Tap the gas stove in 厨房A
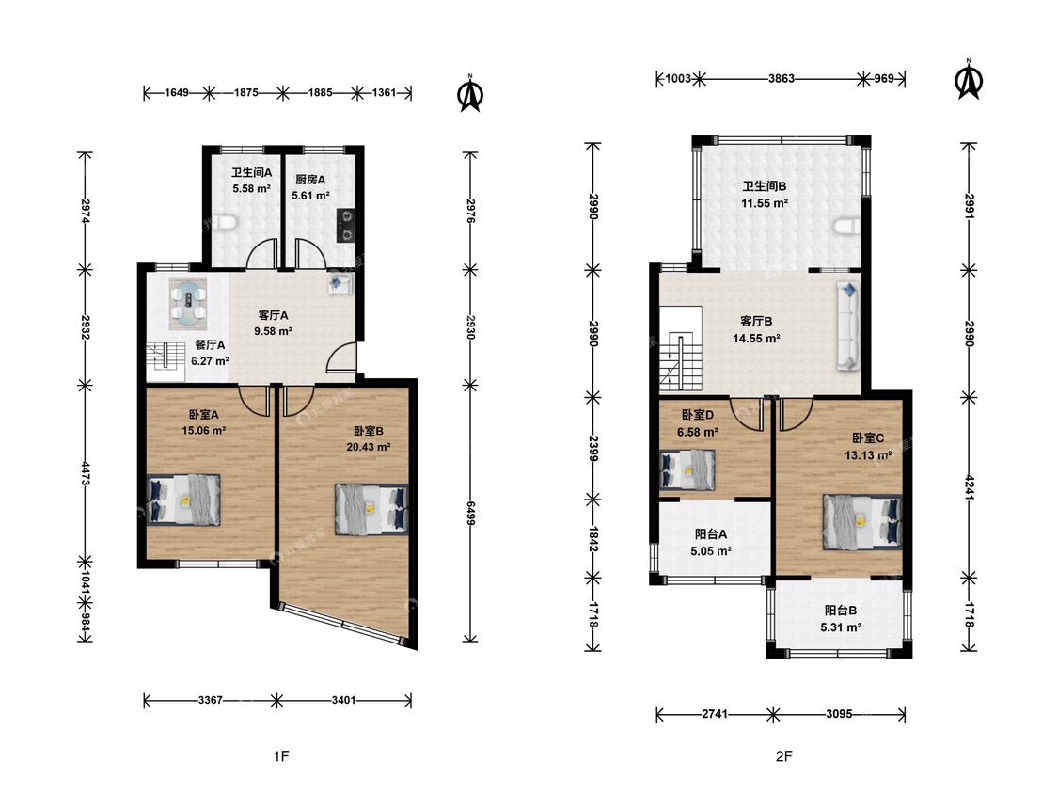[x=345, y=225]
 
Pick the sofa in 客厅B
[x=849, y=326]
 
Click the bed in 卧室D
[x=687, y=469]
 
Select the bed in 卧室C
[x=861, y=522]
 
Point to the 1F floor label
[x=281, y=756]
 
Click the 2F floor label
[x=783, y=756]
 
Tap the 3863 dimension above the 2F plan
[x=782, y=78]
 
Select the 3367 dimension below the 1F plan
[x=211, y=700]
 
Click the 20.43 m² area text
[x=369, y=447]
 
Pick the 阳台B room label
[x=840, y=611]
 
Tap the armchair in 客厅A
[x=338, y=283]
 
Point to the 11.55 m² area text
[x=765, y=202]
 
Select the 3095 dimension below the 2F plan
[x=839, y=714]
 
